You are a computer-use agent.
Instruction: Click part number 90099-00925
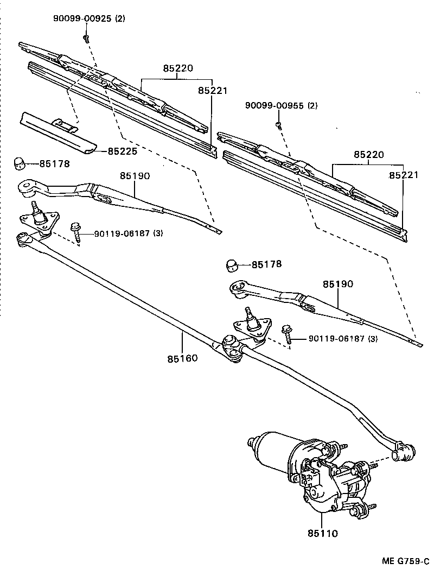[81, 18]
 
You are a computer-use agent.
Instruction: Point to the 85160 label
[182, 359]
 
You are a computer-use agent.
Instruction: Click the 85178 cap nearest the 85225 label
[20, 162]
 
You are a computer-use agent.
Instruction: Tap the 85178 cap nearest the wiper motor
[232, 265]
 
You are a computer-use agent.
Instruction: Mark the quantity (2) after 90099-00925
[120, 18]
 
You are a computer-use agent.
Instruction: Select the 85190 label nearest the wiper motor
[338, 284]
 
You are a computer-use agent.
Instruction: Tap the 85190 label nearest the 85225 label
[135, 176]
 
